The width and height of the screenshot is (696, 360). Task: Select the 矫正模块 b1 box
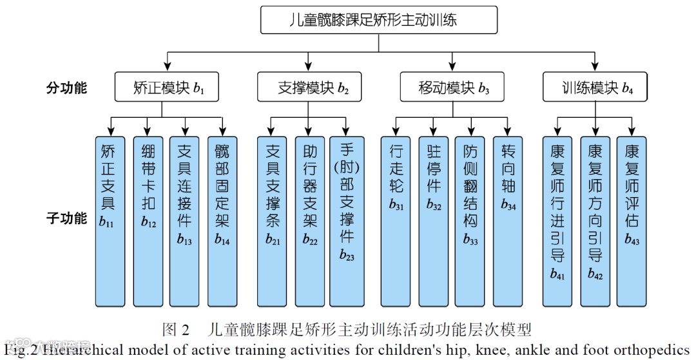point(162,88)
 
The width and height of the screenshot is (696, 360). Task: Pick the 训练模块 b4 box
point(595,88)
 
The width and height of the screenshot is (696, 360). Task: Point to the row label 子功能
point(66,218)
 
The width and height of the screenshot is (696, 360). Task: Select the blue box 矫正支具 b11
point(110,221)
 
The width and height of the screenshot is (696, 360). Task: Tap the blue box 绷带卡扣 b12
point(148,221)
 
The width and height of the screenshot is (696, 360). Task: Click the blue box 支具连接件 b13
point(185,221)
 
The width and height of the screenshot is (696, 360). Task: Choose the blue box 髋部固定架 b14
point(222,221)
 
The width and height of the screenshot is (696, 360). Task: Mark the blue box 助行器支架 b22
point(309,221)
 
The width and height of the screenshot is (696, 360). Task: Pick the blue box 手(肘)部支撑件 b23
point(347,221)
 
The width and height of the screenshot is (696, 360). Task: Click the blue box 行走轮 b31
point(396,221)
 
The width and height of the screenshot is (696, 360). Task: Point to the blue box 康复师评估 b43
point(632,221)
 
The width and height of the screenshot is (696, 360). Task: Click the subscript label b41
point(557,275)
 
